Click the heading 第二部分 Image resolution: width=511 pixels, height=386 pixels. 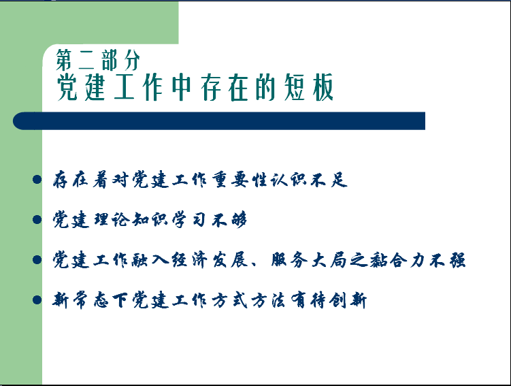[x=98, y=60]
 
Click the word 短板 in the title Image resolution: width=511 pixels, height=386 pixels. [x=308, y=87]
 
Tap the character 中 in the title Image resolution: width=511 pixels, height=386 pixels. [x=181, y=87]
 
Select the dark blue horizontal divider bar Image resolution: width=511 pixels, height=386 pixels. [x=219, y=121]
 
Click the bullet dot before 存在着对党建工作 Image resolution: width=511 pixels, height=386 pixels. [x=37, y=180]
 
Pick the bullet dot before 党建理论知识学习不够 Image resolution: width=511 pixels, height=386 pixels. [x=37, y=219]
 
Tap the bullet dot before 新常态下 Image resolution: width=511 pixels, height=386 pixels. [x=37, y=300]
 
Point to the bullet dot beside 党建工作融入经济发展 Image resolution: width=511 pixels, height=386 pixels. [x=37, y=260]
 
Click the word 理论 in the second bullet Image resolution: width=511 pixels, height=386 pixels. [x=112, y=219]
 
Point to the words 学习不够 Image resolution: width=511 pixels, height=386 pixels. [x=209, y=219]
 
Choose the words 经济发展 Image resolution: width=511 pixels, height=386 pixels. [x=210, y=260]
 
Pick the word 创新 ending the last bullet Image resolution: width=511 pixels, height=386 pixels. [x=348, y=300]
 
